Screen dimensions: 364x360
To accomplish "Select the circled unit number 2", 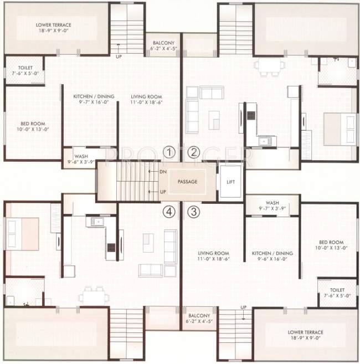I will (194, 152).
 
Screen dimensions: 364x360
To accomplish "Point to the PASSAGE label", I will (188, 181).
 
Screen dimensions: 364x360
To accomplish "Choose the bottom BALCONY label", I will (198, 317).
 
